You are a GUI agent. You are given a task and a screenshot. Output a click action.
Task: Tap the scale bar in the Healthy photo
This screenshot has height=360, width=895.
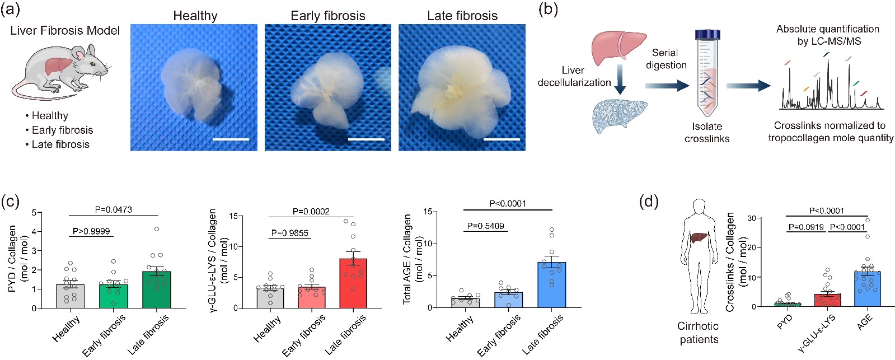[x=230, y=139]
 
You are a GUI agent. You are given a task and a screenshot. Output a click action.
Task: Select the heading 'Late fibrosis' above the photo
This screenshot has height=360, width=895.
[x=462, y=16]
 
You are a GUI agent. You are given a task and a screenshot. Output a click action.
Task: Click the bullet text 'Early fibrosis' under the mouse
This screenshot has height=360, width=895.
[x=62, y=130]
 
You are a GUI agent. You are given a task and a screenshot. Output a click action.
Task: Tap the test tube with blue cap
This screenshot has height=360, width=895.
[x=707, y=73]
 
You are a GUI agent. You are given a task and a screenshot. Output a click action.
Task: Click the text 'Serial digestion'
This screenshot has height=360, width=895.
[x=666, y=59]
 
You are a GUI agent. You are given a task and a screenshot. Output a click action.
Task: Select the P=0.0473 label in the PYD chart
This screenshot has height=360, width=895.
[x=114, y=209]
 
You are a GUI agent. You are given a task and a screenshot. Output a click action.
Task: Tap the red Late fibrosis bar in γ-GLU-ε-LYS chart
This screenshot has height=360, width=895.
[x=353, y=283]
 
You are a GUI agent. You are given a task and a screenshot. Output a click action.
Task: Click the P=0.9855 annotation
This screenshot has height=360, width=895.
[x=289, y=233]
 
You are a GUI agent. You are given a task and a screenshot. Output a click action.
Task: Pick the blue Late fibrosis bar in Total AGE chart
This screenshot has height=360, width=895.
[x=551, y=285]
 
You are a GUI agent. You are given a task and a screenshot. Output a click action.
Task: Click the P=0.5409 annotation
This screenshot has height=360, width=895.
[x=485, y=226]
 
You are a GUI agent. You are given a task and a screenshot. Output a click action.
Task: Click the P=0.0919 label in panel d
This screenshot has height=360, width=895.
[x=806, y=227]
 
